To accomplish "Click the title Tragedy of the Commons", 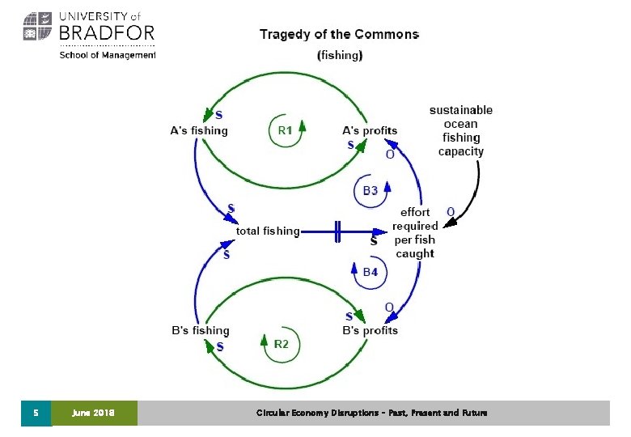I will click(x=339, y=35).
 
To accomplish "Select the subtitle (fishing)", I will click(x=340, y=56).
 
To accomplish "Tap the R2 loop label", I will click(x=281, y=344).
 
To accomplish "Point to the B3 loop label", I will click(x=370, y=191).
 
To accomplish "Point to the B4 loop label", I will click(x=370, y=273).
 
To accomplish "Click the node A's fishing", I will click(x=199, y=130).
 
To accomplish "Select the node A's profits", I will click(x=370, y=130).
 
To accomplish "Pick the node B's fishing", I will click(x=201, y=330).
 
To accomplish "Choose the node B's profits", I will click(x=371, y=330).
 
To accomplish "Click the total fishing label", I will click(x=268, y=231).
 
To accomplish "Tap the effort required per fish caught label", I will click(x=415, y=233).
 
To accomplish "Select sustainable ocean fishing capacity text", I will click(x=461, y=130).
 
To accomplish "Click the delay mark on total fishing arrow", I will click(x=337, y=231).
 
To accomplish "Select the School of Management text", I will click(x=108, y=54).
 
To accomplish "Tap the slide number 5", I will click(x=36, y=413).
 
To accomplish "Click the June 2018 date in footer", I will click(x=94, y=413).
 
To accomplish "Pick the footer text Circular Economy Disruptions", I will click(x=372, y=413).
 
